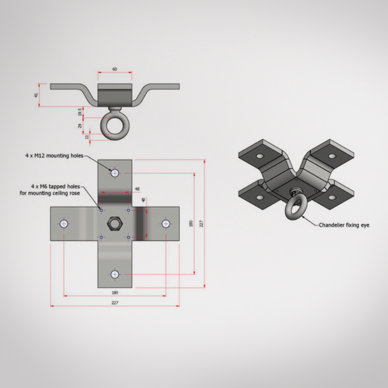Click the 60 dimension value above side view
click(x=115, y=69)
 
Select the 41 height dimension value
click(x=36, y=95)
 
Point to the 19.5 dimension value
click(x=80, y=112)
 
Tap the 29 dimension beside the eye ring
click(x=80, y=126)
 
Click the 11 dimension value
click(x=87, y=137)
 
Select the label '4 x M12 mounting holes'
click(x=54, y=156)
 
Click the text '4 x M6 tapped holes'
click(x=55, y=186)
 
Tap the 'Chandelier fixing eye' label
click(x=344, y=225)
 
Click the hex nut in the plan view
click(x=115, y=224)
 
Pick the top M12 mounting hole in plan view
click(x=115, y=173)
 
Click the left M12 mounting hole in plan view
click(x=64, y=224)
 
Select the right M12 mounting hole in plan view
click(x=166, y=224)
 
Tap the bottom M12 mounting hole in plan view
click(x=115, y=274)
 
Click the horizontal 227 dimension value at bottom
click(x=115, y=303)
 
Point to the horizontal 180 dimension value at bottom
click(x=115, y=293)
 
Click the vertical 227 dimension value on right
click(x=201, y=224)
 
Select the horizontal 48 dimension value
click(x=137, y=189)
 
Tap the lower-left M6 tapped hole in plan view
click(x=101, y=237)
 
